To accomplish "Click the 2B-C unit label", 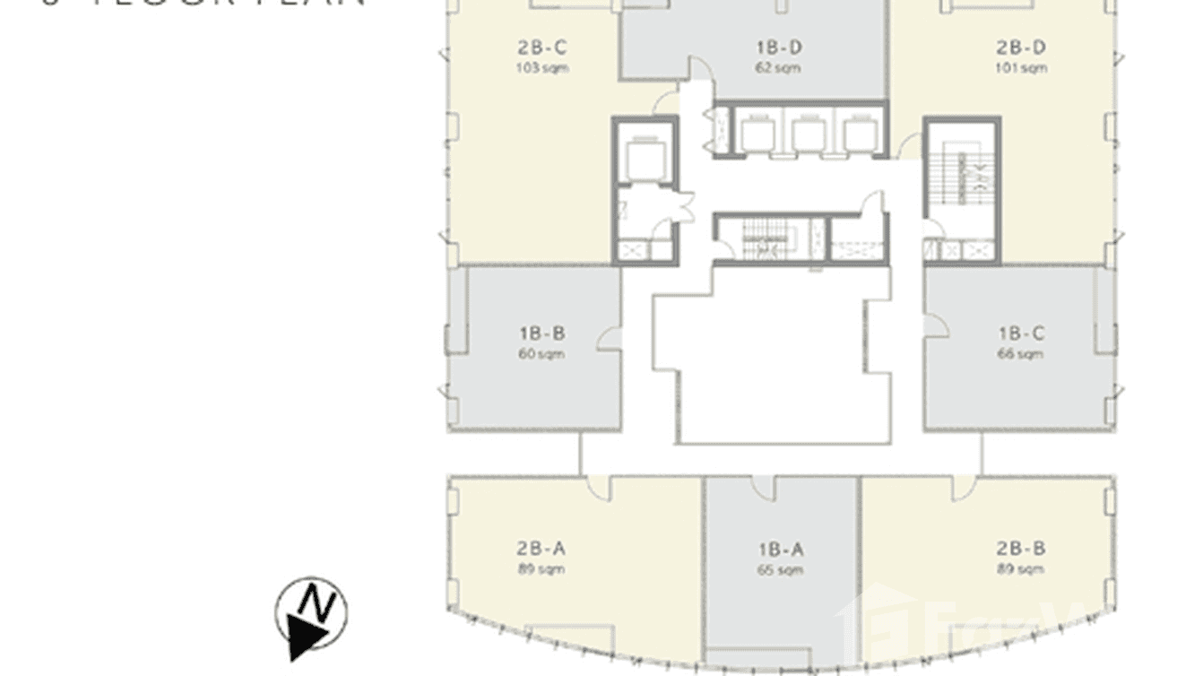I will click(x=541, y=48).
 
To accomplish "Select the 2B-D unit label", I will click(x=1020, y=48).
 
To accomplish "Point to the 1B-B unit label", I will click(x=541, y=334).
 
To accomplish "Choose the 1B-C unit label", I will click(x=1021, y=334).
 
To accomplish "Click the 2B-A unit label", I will click(x=541, y=549).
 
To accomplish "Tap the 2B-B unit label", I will click(x=1020, y=549).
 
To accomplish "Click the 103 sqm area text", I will click(x=541, y=68).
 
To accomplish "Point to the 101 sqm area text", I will click(x=1020, y=68).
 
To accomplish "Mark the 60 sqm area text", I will click(x=541, y=354).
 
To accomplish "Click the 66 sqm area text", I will click(x=1021, y=354).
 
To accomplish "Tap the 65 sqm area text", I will click(x=779, y=569).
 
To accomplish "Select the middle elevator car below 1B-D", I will click(x=808, y=134).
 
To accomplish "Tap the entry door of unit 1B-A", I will click(x=764, y=488).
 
